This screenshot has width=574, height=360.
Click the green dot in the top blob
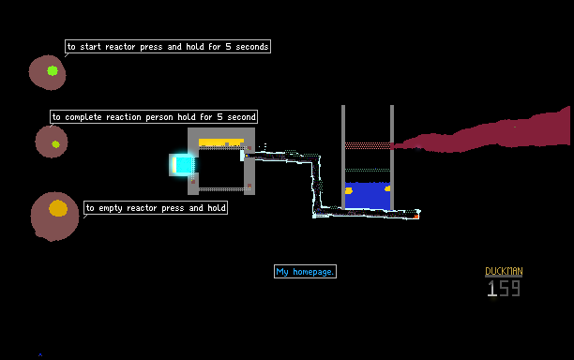(x=53, y=70)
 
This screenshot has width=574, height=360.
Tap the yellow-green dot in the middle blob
(x=55, y=144)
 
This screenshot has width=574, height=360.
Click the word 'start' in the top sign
(x=90, y=47)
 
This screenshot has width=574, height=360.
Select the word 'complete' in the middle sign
(x=83, y=117)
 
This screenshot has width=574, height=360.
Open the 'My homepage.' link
(x=305, y=272)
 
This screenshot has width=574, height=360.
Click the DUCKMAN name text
(x=504, y=271)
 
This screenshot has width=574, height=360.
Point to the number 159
(x=504, y=289)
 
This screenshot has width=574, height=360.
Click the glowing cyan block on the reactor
(x=183, y=165)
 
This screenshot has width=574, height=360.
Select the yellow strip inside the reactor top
(x=221, y=142)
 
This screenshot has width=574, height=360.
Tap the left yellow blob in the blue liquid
(x=349, y=190)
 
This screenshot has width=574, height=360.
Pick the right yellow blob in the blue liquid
(x=387, y=188)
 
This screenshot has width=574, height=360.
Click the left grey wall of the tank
(x=343, y=157)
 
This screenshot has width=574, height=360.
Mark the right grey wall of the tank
(x=392, y=157)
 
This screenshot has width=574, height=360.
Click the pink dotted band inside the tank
(x=368, y=145)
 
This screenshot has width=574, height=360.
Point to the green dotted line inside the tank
(x=368, y=170)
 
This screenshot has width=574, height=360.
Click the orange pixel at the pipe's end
(x=416, y=217)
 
